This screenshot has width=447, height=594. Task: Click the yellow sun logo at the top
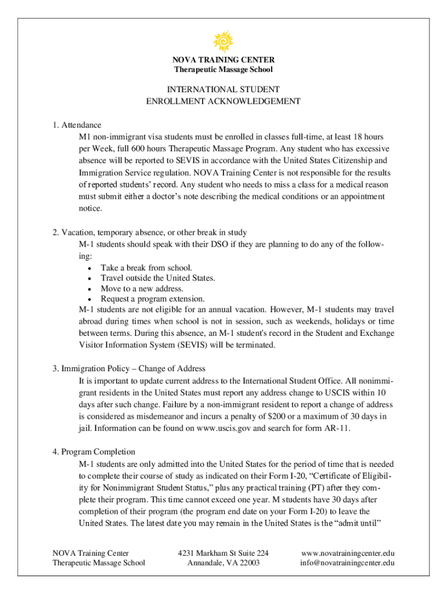tap(223, 41)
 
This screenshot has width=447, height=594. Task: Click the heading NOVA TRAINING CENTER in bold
tap(223, 60)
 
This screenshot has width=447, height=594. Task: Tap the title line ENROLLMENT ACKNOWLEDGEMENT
tap(223, 101)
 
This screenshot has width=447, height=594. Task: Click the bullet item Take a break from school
tap(146, 267)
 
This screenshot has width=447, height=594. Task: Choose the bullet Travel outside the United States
tap(158, 278)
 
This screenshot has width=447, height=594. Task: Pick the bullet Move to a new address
tap(142, 288)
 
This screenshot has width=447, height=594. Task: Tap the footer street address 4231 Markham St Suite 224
tap(223, 553)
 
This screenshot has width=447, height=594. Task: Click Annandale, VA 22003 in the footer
tap(223, 563)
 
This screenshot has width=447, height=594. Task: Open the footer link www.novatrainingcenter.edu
tap(348, 553)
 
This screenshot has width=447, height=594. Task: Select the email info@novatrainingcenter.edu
tap(348, 563)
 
